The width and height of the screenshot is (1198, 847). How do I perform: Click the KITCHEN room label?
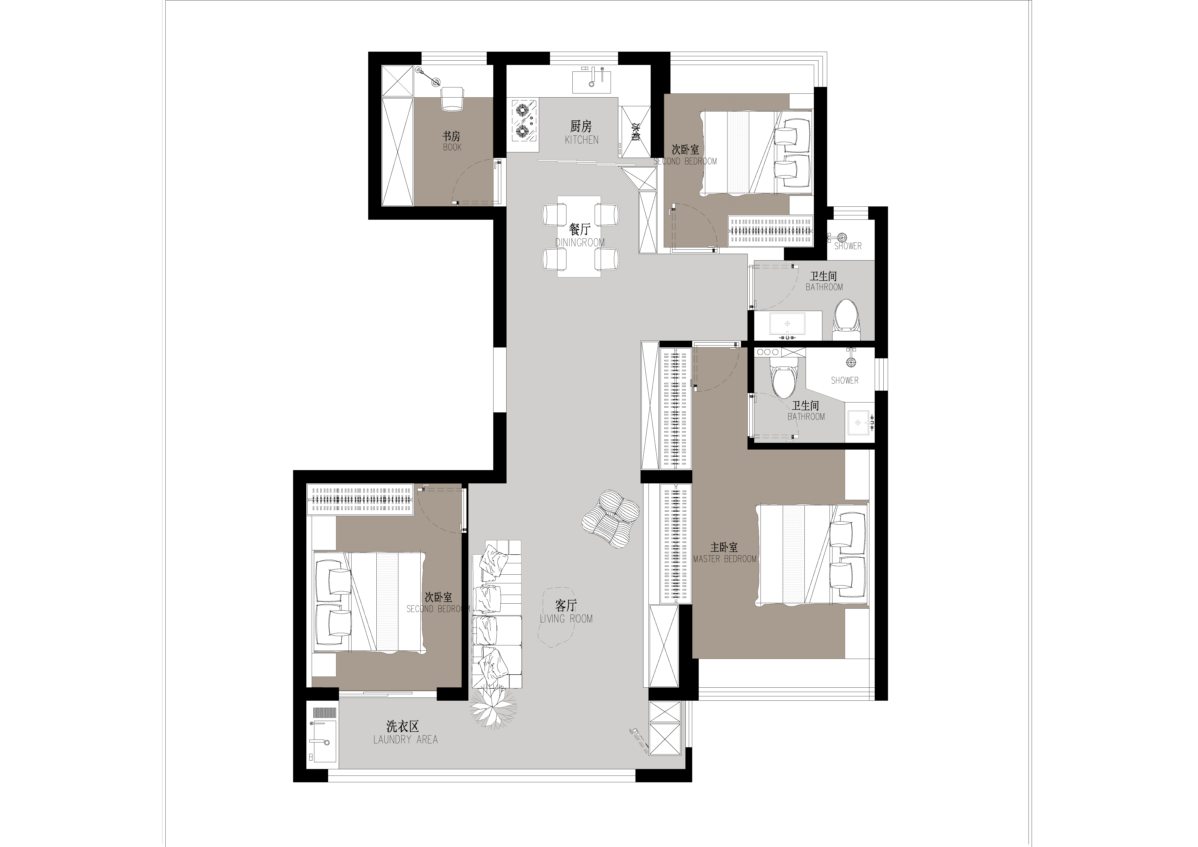coord(581,140)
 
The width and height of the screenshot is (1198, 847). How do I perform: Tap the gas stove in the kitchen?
coord(525,121)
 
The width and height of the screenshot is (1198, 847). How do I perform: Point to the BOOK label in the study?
coord(452,147)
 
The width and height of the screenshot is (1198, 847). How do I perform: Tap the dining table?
coord(579,236)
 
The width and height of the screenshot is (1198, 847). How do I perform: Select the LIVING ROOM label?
coord(566,619)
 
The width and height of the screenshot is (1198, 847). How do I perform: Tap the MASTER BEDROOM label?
coord(725,559)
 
